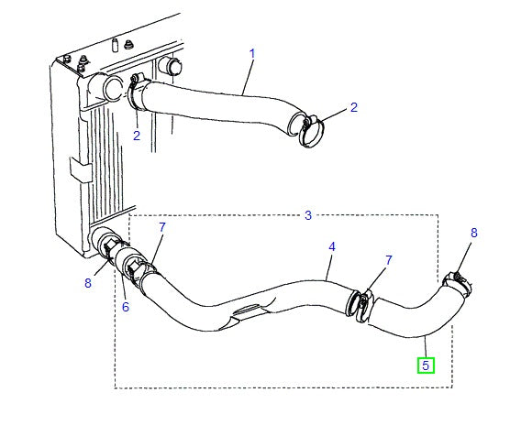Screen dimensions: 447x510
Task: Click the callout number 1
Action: (251, 54)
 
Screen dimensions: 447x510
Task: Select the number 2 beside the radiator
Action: (136, 136)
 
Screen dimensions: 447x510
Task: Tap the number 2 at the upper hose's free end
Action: (354, 109)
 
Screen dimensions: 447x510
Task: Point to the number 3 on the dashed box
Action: (308, 215)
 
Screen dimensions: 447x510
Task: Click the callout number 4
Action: (332, 247)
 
